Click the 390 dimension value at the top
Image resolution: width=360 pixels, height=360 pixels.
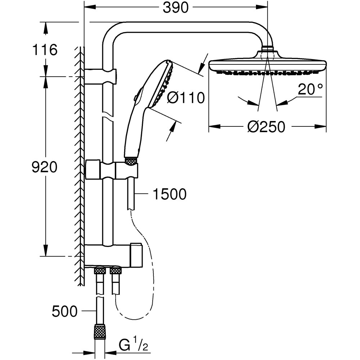coord(176,8)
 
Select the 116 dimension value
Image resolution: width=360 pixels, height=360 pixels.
coord(44,50)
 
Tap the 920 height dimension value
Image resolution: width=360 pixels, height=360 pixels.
coord(44,167)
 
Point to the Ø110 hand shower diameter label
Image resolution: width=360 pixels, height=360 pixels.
coord(186,97)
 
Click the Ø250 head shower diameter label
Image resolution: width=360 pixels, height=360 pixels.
coord(266,127)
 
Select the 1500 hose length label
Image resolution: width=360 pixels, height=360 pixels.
coord(170,194)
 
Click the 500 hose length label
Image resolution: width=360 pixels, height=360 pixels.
coord(64,311)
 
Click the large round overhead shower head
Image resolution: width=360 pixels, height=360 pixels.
coord(267,66)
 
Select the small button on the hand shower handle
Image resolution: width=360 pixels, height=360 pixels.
coord(135,97)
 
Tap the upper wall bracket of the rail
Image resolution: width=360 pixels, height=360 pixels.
coord(100,76)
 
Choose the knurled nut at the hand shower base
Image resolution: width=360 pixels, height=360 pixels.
coord(131,162)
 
